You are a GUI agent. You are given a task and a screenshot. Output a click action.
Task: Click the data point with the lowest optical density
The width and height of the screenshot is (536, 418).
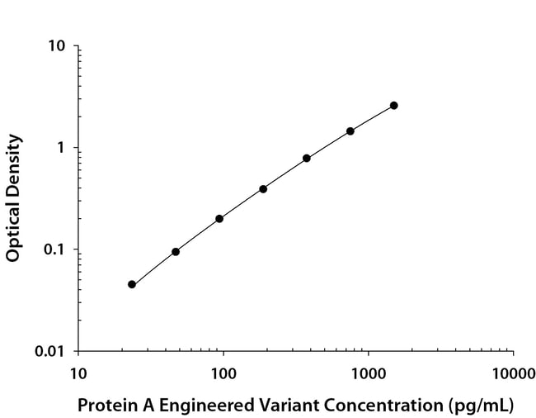(132, 284)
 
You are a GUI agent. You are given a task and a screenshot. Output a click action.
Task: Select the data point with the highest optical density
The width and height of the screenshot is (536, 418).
(394, 106)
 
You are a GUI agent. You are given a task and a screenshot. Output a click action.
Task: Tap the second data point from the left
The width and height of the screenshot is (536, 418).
(176, 251)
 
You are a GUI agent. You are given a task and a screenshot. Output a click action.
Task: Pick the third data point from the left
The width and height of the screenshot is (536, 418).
(219, 219)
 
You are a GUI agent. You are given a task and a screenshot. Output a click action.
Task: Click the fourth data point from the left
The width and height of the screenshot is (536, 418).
(263, 189)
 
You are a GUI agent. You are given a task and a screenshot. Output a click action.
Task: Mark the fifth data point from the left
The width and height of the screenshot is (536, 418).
(307, 158)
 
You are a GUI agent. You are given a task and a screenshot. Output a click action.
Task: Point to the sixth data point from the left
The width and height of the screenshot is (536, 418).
(350, 131)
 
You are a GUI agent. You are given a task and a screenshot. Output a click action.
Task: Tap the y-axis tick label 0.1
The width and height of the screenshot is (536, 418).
(53, 249)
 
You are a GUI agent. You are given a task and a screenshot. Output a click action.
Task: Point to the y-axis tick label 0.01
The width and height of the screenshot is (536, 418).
(49, 352)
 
